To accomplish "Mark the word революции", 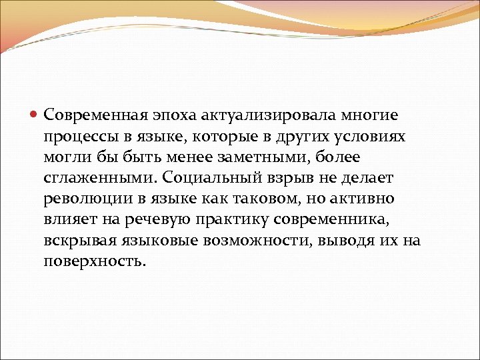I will point(84,199).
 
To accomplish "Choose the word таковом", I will point(251,199).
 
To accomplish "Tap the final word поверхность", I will point(94,261).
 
